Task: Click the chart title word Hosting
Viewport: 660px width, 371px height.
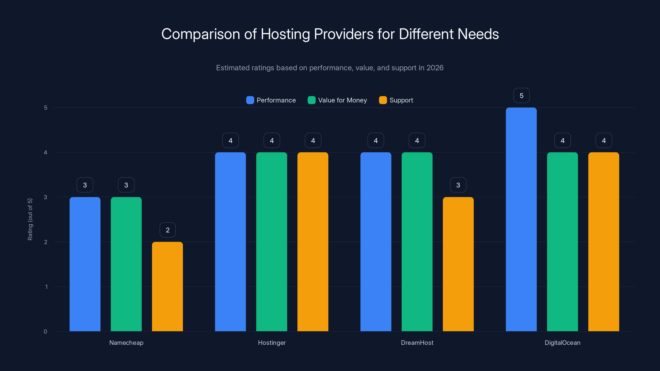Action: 285,34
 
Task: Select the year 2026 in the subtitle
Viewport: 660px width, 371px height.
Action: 435,68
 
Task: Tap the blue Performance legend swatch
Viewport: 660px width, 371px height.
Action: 250,100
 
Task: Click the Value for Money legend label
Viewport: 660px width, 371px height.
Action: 342,100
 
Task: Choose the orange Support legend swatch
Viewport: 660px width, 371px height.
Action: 383,100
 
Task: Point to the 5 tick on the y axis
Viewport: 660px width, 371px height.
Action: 46,108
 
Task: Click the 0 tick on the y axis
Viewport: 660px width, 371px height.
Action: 45,332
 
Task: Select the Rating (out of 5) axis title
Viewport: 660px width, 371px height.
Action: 30,220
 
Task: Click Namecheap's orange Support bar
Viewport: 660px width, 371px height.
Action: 167,286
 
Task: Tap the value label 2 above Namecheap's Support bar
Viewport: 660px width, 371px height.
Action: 167,230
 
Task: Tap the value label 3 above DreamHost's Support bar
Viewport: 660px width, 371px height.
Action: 458,185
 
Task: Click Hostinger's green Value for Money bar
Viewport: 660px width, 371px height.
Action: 272,242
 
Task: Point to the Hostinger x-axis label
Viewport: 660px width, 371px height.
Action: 272,343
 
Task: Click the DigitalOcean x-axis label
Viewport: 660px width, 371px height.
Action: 562,343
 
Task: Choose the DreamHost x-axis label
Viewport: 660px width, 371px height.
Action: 417,343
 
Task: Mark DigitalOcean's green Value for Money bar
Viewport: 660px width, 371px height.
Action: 562,242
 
